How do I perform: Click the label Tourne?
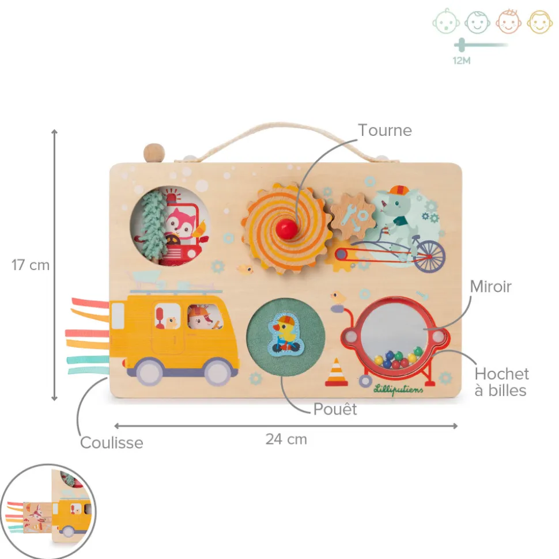(385, 130)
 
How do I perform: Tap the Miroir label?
(490, 287)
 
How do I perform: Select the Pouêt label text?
(335, 409)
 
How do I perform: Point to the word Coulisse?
(111, 443)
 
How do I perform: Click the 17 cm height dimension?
(31, 265)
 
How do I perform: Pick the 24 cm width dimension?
(286, 439)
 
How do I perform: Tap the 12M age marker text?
(462, 60)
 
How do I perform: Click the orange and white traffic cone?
(336, 372)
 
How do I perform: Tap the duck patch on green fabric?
(286, 334)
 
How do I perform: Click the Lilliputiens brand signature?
(398, 389)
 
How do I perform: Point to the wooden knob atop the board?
(154, 153)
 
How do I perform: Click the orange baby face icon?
(508, 22)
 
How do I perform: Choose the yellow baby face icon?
(540, 22)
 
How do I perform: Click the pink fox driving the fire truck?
(181, 225)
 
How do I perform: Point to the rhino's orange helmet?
(399, 190)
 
